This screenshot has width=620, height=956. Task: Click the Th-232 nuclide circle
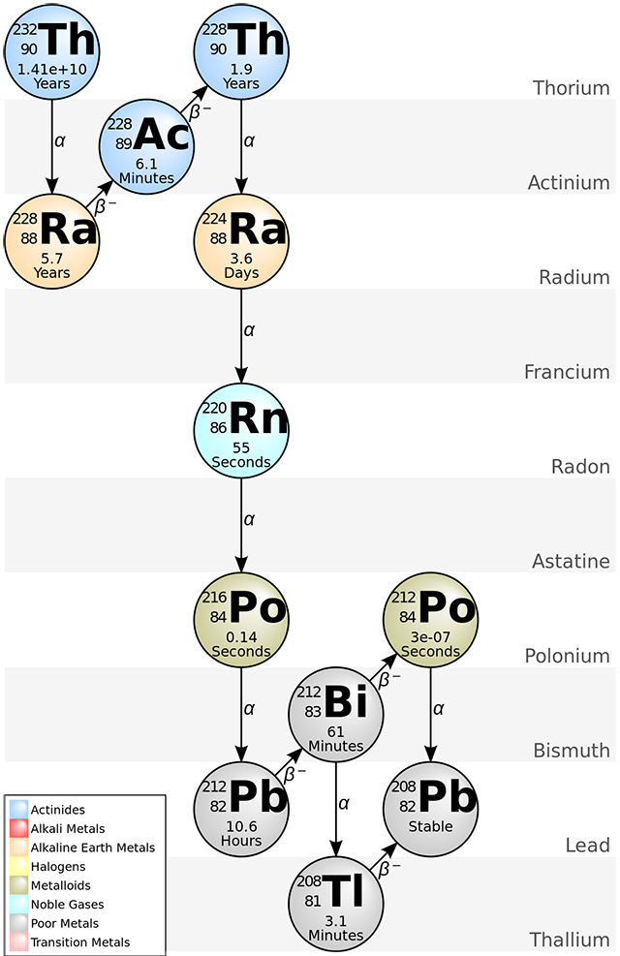click(x=52, y=47)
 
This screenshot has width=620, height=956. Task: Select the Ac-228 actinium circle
click(x=147, y=143)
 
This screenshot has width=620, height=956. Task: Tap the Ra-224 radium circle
click(x=241, y=239)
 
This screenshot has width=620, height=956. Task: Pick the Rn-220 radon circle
click(x=241, y=429)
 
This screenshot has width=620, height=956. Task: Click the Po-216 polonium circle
click(x=241, y=618)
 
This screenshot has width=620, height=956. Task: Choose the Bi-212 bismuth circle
click(x=336, y=713)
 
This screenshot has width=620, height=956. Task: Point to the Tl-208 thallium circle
click(x=336, y=903)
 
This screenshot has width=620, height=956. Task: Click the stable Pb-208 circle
click(x=431, y=808)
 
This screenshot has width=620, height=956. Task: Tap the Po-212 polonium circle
click(x=431, y=618)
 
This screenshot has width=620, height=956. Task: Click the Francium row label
click(x=567, y=372)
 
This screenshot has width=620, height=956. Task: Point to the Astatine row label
click(x=571, y=562)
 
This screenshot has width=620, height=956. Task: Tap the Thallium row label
click(x=570, y=940)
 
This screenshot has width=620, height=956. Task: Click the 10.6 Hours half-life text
click(x=241, y=834)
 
